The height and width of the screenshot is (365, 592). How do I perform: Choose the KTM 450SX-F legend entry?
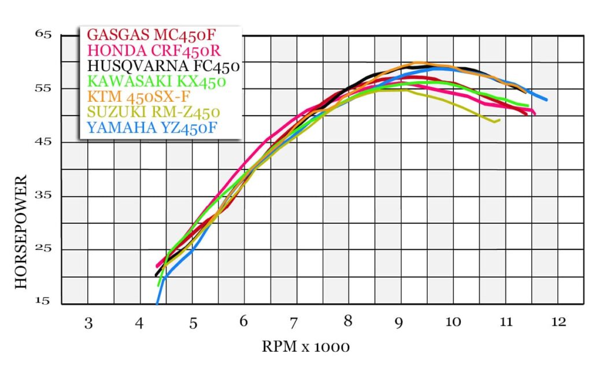click(x=138, y=97)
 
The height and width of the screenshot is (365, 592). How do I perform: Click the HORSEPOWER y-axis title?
click(x=21, y=231)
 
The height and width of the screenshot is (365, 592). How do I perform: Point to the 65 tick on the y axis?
click(x=44, y=35)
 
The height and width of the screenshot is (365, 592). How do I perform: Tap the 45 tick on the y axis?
click(x=44, y=142)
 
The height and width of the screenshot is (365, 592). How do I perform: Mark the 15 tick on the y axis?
click(x=44, y=302)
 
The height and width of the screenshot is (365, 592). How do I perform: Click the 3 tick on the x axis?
click(x=88, y=323)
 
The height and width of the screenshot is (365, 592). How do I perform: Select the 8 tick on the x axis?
click(x=348, y=323)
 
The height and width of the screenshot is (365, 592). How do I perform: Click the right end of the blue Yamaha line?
click(x=546, y=100)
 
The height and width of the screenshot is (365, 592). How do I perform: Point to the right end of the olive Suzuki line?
click(x=499, y=120)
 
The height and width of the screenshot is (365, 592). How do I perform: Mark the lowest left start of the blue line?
click(x=157, y=303)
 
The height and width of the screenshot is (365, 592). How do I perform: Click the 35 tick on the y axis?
click(x=44, y=196)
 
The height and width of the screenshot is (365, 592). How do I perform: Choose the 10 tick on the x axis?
click(x=453, y=322)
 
